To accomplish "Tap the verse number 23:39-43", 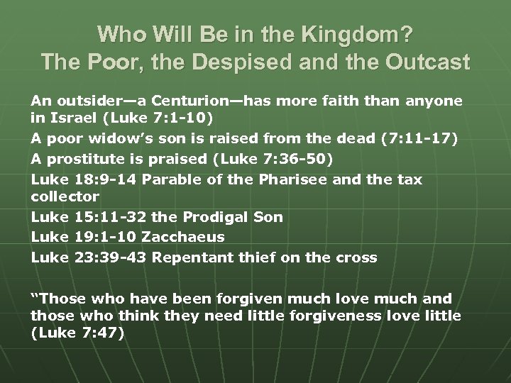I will [x=111, y=257].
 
